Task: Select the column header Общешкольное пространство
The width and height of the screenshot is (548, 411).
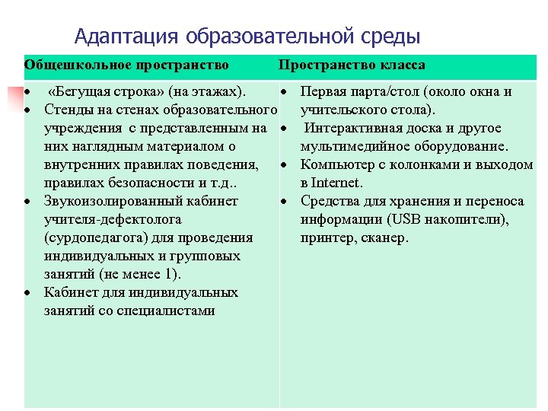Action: click(126, 65)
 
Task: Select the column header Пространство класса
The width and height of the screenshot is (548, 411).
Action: click(352, 65)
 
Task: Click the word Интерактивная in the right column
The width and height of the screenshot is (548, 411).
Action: click(354, 128)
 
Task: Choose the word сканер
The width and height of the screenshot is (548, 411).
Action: click(387, 238)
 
